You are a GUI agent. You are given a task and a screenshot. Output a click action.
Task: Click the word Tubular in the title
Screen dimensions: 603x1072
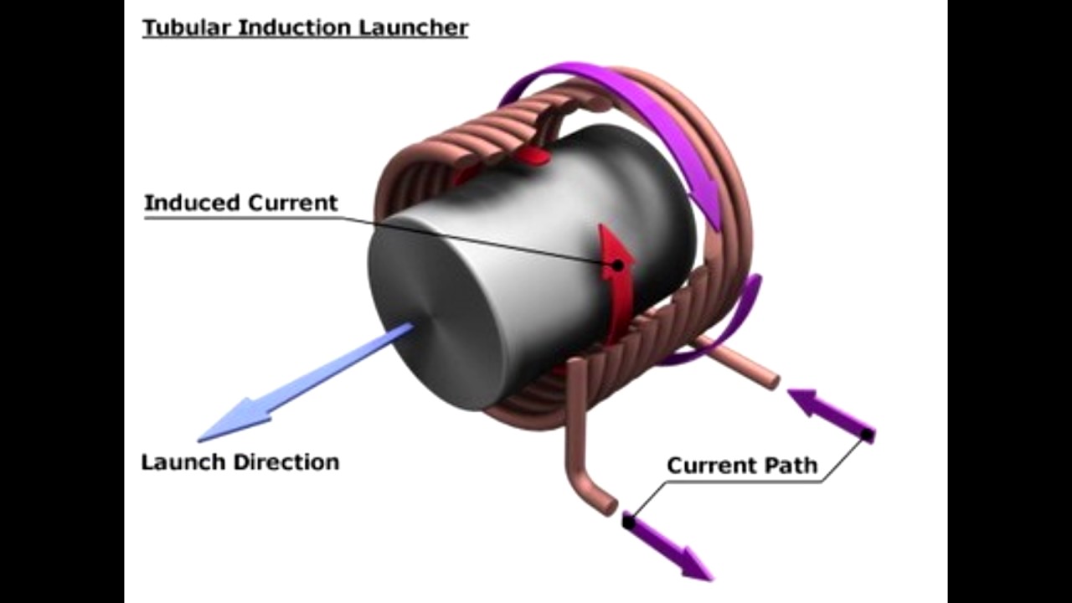pyautogui.click(x=187, y=27)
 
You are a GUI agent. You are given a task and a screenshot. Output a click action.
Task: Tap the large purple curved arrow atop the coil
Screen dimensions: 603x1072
pyautogui.click(x=636, y=109)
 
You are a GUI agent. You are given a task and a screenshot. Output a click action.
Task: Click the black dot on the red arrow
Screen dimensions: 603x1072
pyautogui.click(x=618, y=265)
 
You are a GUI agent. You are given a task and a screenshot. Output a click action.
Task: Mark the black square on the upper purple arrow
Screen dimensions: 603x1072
pyautogui.click(x=868, y=435)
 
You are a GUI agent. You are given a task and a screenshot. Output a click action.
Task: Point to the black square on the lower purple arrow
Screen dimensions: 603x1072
pyautogui.click(x=629, y=521)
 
